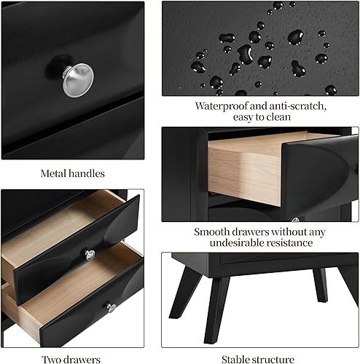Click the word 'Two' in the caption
[x=51, y=359]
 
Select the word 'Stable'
[x=238, y=359]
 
